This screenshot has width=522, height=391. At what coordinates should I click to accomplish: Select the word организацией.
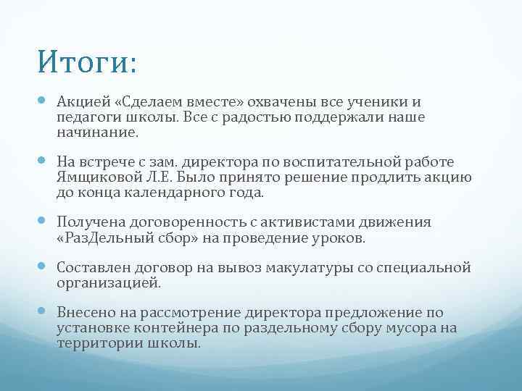click(108, 283)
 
